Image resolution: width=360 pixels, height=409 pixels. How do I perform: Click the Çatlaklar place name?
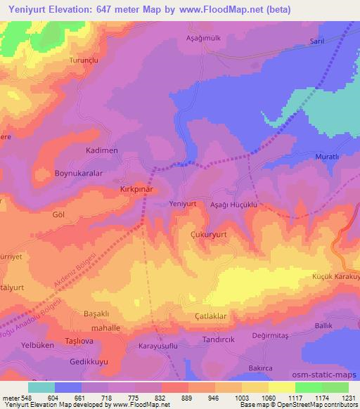pos(210,317)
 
